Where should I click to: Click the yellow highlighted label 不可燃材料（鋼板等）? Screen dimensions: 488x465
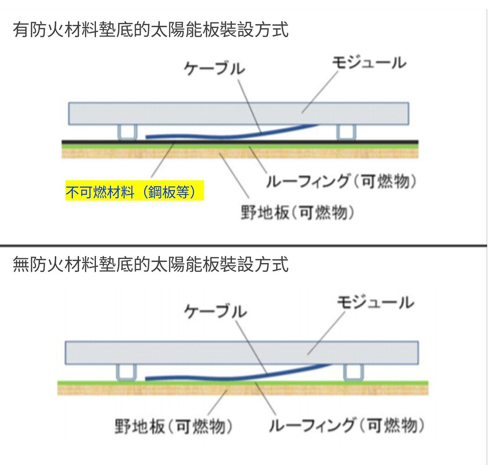[x=134, y=190]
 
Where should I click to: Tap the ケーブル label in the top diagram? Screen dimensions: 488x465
[x=214, y=69]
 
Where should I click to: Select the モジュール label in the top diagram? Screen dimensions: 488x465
[x=369, y=63]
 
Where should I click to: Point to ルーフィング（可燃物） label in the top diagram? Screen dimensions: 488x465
[x=341, y=181]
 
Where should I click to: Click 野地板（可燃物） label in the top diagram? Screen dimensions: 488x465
[x=297, y=212]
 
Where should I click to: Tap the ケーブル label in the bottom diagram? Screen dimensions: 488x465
[x=215, y=311]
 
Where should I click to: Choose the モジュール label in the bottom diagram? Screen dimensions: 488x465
[x=376, y=302]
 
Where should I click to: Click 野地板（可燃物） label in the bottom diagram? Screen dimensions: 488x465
[x=173, y=426]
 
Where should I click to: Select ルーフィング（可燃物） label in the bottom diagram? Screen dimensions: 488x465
[x=346, y=425]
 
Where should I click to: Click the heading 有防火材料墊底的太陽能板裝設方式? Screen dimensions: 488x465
[x=151, y=30]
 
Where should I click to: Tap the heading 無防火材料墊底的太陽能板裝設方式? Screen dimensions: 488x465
[x=151, y=265]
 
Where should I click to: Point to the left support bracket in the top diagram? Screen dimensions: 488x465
[x=127, y=132]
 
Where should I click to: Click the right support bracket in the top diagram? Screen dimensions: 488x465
[x=346, y=132]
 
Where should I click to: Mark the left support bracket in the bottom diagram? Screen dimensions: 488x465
[x=126, y=372]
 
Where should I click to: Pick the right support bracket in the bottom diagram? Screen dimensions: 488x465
[x=353, y=372]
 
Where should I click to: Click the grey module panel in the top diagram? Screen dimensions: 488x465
[x=238, y=113]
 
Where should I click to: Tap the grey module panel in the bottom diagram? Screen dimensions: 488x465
[x=242, y=353]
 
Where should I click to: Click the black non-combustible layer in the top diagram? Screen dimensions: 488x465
[x=240, y=142]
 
